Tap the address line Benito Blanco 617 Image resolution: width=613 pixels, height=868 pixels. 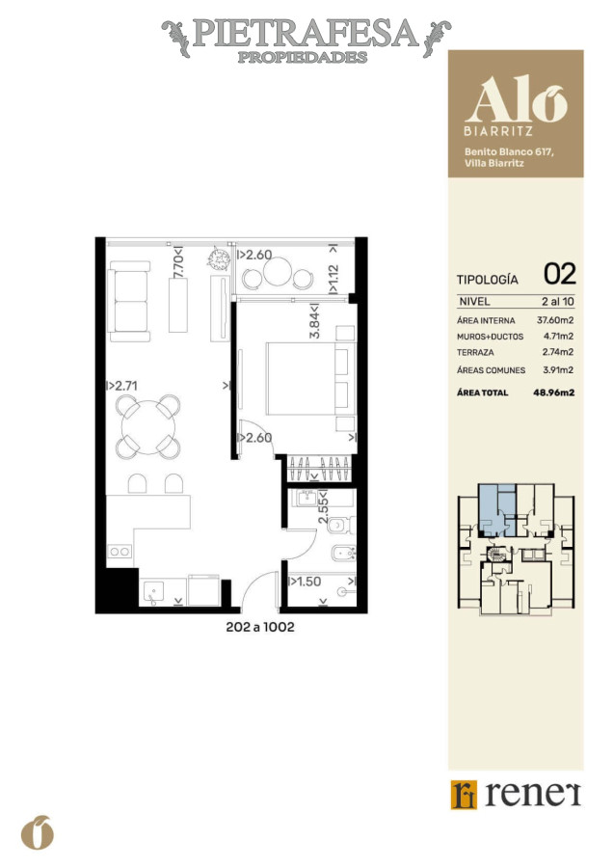(508, 151)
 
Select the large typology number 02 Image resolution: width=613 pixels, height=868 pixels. (560, 274)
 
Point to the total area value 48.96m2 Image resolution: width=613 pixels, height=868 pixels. (553, 393)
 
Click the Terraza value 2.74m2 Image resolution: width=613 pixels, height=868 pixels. (556, 352)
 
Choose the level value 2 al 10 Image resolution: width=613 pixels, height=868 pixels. (556, 302)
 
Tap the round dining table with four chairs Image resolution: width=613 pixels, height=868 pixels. (148, 425)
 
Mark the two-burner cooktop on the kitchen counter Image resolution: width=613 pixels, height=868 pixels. (120, 552)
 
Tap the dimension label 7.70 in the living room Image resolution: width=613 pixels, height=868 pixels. (177, 265)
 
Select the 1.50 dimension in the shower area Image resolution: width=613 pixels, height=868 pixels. (306, 582)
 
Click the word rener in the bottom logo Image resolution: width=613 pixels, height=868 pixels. (532, 794)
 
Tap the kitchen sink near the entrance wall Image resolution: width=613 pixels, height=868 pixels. (154, 590)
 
